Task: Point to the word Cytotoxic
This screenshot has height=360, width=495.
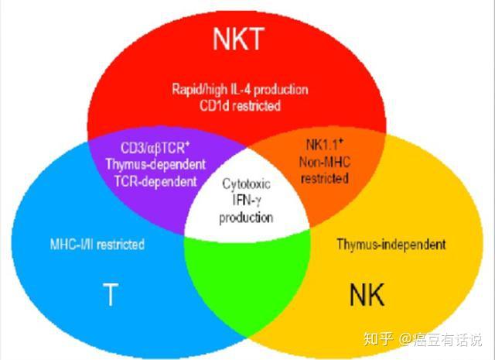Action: (x=247, y=186)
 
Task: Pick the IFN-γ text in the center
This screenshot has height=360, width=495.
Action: (x=247, y=201)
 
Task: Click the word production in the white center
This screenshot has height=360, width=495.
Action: (x=247, y=218)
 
